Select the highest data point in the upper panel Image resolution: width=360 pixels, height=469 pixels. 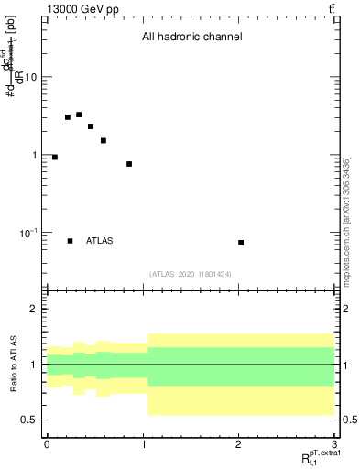pos(79,115)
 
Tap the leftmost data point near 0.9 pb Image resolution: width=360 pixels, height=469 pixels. pos(55,158)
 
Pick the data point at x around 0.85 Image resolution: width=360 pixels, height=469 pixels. pos(129,164)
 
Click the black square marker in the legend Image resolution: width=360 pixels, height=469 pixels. pos(71,241)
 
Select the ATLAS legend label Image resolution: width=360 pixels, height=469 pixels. pos(100,241)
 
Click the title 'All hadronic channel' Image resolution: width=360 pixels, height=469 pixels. pos(191,38)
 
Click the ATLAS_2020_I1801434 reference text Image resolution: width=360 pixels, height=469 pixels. pos(191,274)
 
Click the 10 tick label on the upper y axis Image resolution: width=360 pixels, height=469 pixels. pos(30,77)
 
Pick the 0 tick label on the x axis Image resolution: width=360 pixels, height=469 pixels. pos(46,443)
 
